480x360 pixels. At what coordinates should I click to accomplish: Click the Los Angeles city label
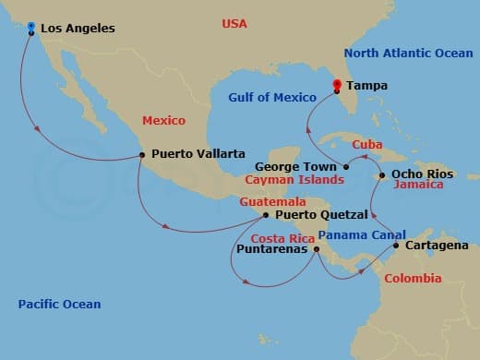(78, 29)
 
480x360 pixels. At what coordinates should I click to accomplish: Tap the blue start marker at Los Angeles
(31, 28)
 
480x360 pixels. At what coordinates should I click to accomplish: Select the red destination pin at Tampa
(337, 87)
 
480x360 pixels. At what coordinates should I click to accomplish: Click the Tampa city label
(366, 86)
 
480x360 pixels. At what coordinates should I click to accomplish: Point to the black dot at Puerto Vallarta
(141, 154)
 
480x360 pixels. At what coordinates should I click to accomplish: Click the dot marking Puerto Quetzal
(266, 215)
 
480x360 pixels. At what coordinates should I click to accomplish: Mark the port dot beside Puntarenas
(316, 248)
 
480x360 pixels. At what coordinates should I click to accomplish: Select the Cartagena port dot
(396, 246)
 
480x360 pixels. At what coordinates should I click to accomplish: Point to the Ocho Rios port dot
(382, 174)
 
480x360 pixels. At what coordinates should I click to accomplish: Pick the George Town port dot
(346, 167)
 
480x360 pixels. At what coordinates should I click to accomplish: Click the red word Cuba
(366, 144)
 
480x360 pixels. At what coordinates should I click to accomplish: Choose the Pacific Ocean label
(60, 304)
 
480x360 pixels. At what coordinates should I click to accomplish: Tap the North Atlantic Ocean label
(408, 53)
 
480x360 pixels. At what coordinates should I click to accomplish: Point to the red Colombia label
(413, 278)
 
